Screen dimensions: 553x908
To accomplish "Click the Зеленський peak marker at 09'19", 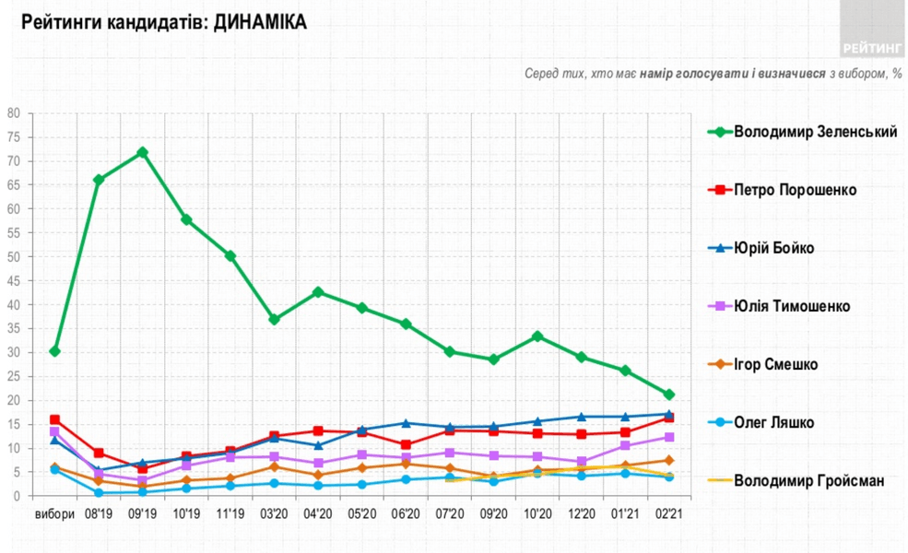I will tap(142, 152).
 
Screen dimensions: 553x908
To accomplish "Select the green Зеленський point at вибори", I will tap(54, 351).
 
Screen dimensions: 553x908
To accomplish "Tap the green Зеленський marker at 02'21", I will tap(669, 394).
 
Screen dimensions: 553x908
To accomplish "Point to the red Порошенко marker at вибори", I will tap(54, 419).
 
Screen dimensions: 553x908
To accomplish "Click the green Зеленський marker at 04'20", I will tap(318, 292).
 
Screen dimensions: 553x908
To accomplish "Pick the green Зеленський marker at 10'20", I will tap(537, 336).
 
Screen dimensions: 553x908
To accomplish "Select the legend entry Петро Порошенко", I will tap(795, 190).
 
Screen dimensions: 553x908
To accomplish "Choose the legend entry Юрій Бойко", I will tap(773, 248).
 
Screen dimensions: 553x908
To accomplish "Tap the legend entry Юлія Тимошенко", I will tap(791, 306).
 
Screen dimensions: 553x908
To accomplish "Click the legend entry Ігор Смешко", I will tap(775, 364).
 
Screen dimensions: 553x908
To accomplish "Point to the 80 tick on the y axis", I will tap(14, 113).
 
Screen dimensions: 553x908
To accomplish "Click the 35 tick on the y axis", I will tap(14, 329).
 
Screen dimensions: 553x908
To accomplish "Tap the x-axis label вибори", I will tap(54, 514).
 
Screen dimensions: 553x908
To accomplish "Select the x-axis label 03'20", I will tap(274, 514).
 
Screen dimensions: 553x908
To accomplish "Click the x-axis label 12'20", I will tap(581, 514).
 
